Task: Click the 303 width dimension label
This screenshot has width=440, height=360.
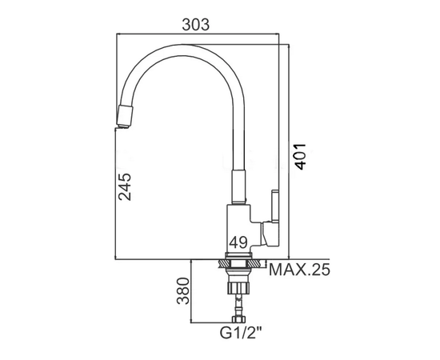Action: point(195,25)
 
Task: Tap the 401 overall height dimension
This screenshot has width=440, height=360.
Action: point(301,157)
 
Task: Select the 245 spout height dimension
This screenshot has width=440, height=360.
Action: point(125,186)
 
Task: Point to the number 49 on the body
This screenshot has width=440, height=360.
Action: point(238,242)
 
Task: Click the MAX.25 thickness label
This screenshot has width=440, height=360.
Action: point(299,270)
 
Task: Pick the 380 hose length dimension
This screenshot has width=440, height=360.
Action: point(183,291)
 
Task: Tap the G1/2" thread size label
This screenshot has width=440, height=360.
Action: point(241,333)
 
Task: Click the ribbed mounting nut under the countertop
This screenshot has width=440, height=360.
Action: point(238,288)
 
